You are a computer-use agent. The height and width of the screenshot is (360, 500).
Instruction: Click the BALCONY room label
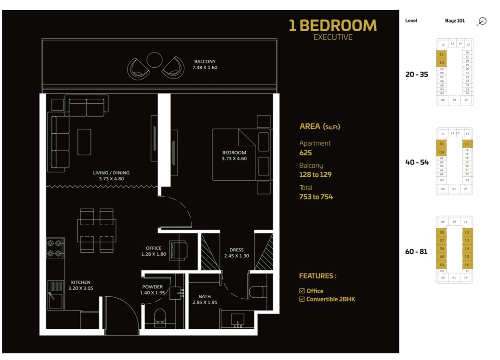pos(205,61)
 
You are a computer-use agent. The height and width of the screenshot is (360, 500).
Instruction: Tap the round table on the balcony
pos(154,60)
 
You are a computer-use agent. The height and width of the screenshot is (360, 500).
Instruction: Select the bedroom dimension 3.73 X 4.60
pos(234,158)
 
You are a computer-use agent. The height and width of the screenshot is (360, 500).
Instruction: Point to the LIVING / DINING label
pos(111,173)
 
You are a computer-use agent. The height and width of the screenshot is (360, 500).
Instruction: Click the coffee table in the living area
pos(84,142)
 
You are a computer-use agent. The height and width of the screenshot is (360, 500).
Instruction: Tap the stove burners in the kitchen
pos(55,248)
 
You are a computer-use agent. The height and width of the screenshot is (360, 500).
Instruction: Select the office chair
pos(178,250)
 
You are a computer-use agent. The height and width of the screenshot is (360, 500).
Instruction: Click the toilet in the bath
pos(257,292)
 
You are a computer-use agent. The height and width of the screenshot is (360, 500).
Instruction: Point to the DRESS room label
pos(236,250)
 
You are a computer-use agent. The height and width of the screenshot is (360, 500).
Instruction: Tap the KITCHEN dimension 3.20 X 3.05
pos(81,288)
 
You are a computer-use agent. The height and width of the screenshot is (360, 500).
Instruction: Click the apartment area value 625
pos(305,153)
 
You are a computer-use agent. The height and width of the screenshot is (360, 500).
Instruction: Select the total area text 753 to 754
pos(316,197)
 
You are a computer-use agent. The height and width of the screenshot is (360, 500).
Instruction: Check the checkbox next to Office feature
pos(302,291)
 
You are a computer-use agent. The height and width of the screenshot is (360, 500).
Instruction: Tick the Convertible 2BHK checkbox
pos(302,299)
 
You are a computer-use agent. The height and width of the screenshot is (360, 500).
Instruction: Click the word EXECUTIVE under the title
pos(333,37)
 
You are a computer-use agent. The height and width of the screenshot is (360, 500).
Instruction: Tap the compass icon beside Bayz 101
pos(482,21)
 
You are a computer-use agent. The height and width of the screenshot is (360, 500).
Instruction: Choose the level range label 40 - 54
pos(417,162)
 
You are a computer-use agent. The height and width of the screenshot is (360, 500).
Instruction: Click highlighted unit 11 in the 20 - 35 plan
pos(441,54)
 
